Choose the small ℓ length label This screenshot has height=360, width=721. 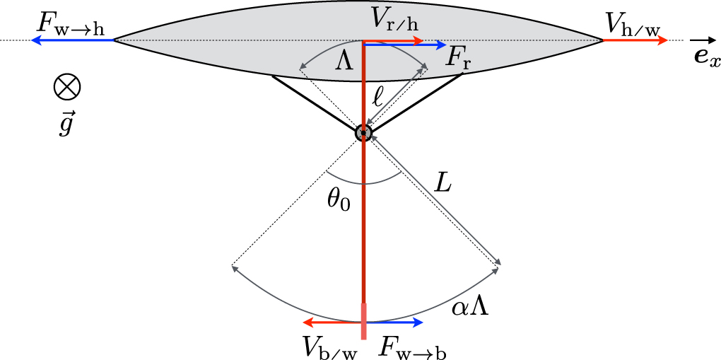(x=379, y=95)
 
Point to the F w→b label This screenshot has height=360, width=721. (x=412, y=347)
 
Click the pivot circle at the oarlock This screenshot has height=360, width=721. (x=363, y=132)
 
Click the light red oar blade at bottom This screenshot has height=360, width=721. (x=364, y=321)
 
